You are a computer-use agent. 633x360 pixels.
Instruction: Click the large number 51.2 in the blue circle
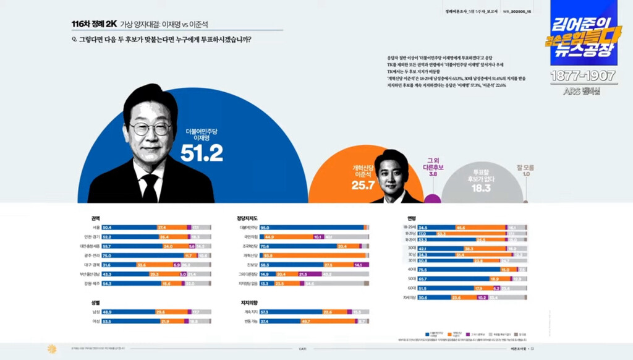202,153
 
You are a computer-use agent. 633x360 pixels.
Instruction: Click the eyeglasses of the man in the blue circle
150,129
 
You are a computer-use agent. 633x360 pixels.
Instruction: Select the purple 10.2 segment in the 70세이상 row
482,297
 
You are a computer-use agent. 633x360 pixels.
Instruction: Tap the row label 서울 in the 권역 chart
96,228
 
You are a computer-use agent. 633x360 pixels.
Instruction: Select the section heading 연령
411,218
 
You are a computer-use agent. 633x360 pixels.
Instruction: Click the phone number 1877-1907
583,76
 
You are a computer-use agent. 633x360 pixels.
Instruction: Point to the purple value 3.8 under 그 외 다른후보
433,174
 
